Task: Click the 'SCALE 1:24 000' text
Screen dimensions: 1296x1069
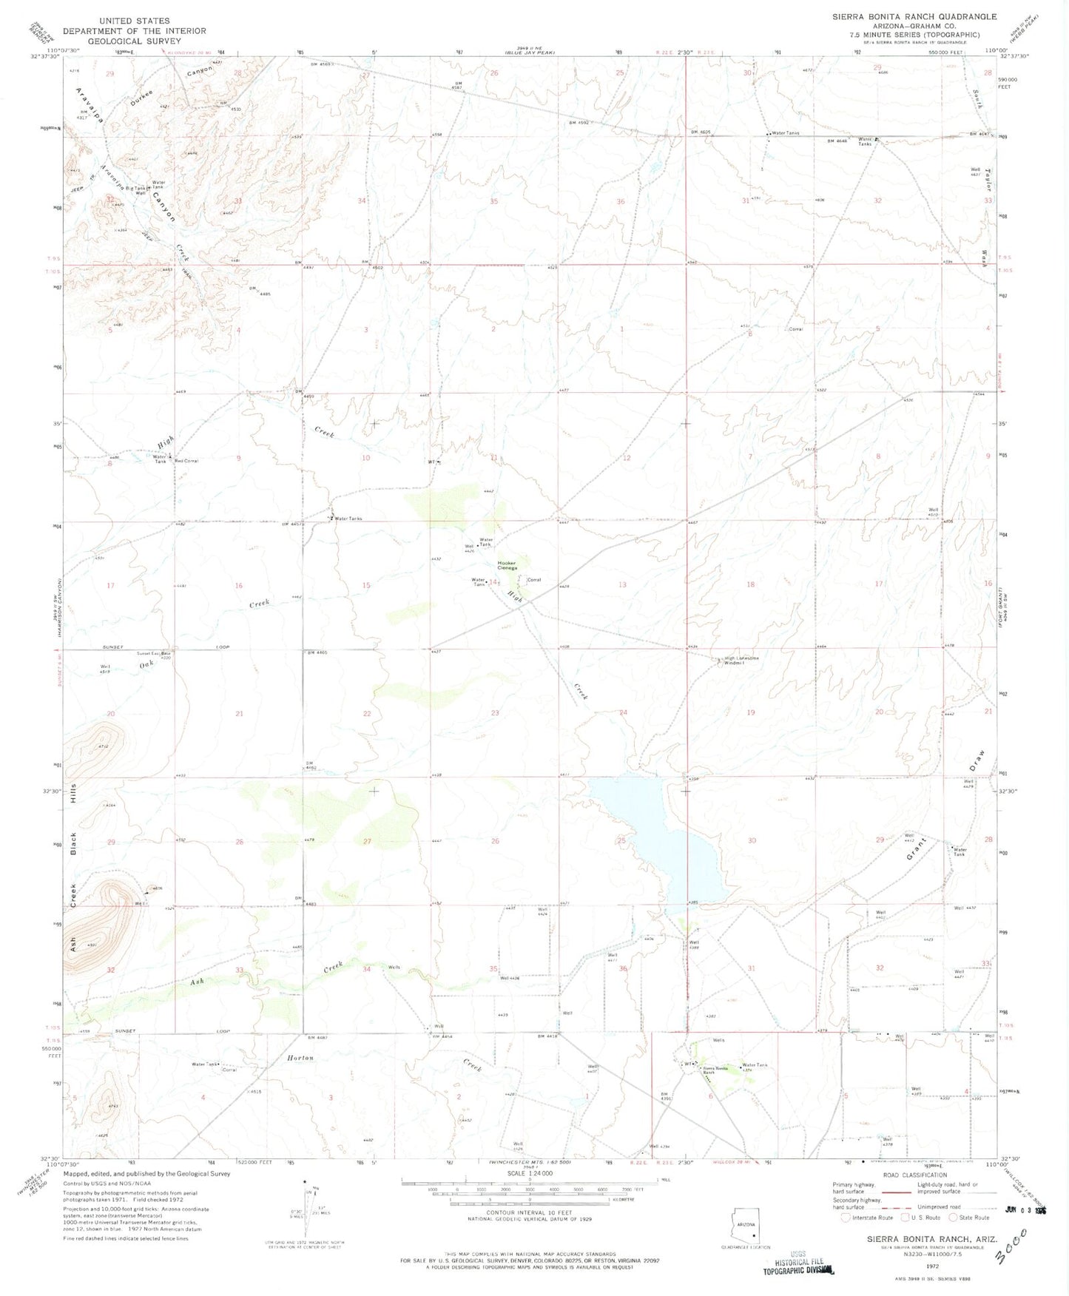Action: (528, 1174)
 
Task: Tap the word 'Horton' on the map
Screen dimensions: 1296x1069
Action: (300, 1058)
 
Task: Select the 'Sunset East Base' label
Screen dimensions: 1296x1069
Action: (154, 653)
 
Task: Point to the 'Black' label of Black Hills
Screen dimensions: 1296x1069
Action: (73, 843)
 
